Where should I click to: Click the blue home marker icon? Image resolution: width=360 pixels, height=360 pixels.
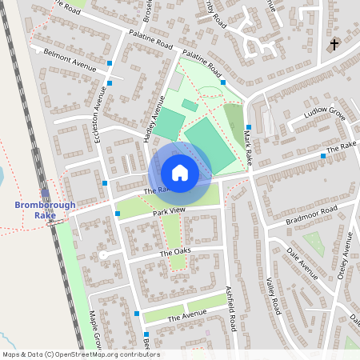pos(180,172)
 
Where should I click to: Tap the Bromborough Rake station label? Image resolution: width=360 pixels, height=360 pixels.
pos(45,210)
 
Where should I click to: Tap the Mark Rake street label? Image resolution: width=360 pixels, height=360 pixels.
pos(249,149)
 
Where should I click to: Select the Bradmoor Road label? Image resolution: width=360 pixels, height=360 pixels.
pos(312,214)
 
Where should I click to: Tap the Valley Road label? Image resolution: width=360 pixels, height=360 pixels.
pos(273,295)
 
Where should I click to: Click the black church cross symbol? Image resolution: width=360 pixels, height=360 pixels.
pos(334,44)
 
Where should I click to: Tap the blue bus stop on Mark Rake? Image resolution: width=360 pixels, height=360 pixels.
pos(249,127)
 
